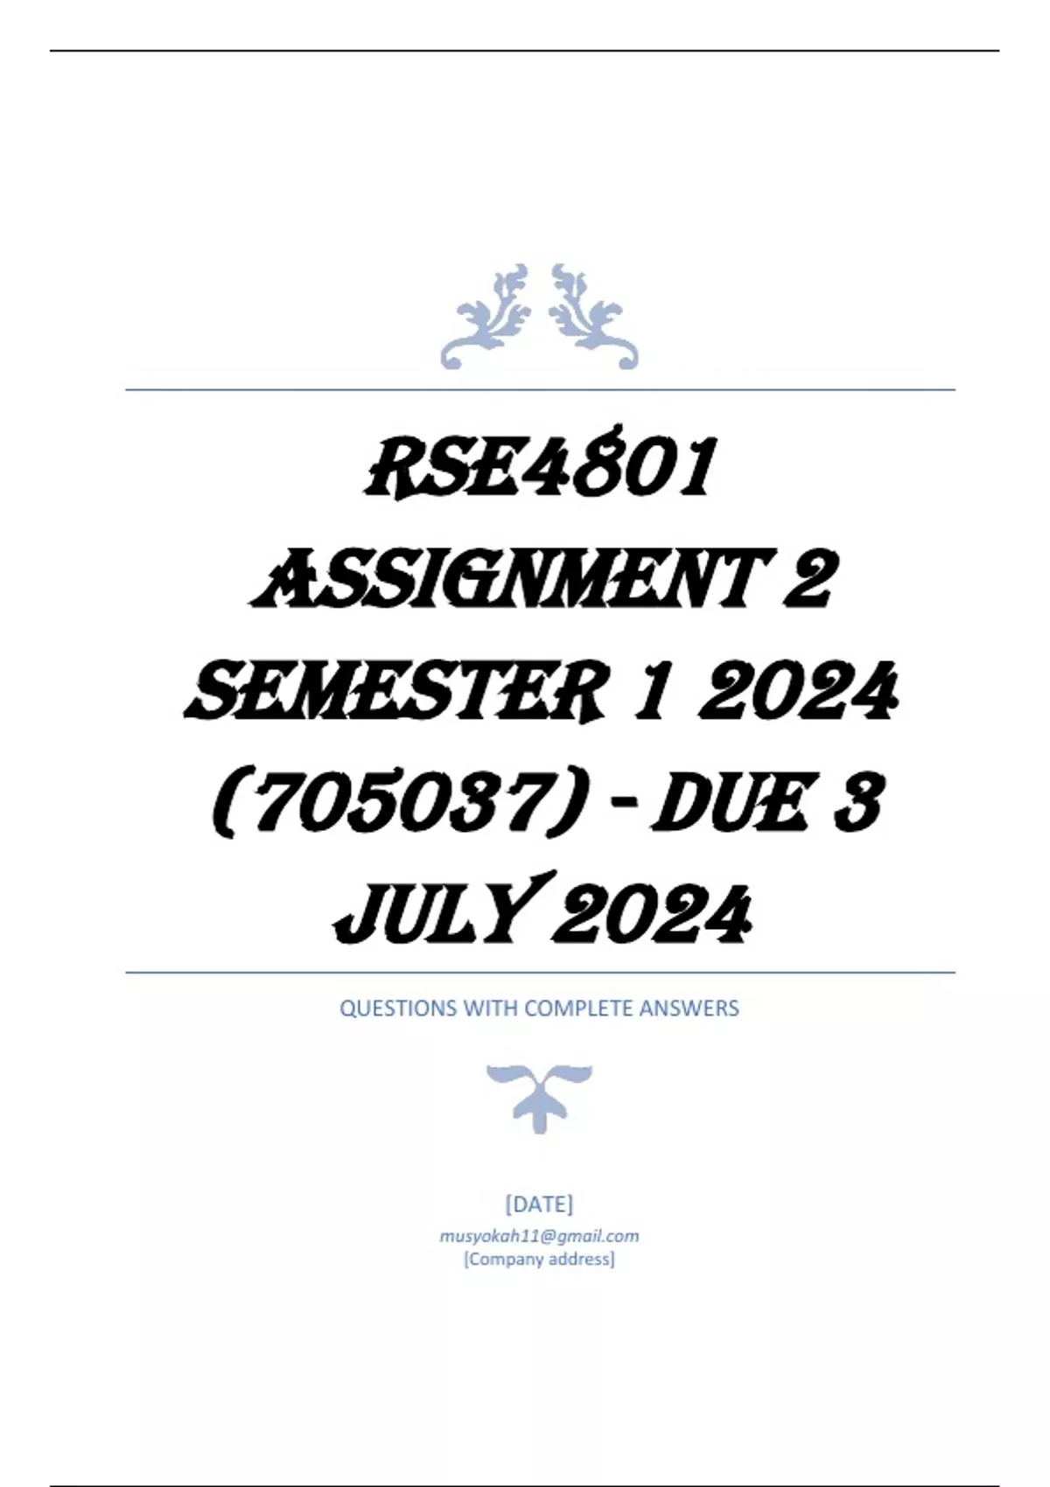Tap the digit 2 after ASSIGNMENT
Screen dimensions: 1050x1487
[x=806, y=580]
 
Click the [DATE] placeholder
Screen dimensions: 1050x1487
[x=539, y=1204]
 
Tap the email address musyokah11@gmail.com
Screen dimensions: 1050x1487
[x=539, y=1236]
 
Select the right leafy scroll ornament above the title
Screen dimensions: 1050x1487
[x=592, y=318]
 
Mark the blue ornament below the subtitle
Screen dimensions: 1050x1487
[x=539, y=1097]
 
